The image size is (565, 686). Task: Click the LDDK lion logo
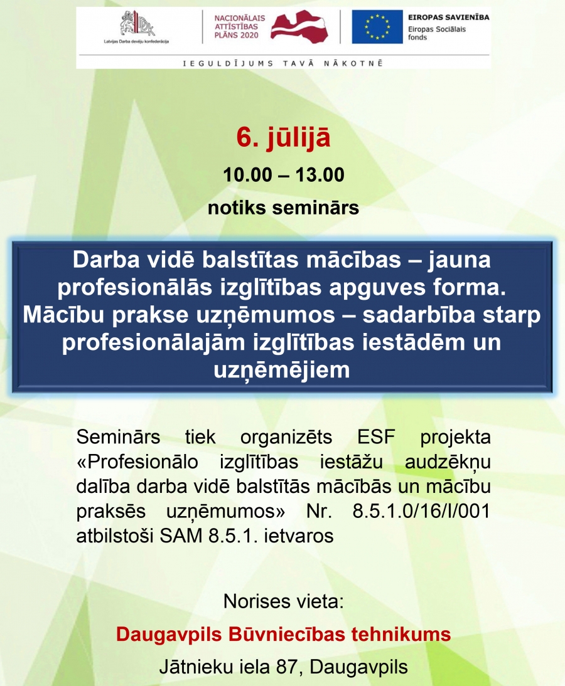pos(137,24)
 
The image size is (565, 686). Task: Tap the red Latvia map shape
pos(299,27)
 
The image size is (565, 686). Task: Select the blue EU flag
pos(377,27)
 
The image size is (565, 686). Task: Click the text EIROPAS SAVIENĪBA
pos(448,18)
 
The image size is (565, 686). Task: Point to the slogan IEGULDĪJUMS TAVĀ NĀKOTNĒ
pos(283,63)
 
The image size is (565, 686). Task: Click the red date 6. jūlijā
pos(283,138)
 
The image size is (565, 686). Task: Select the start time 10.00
pos(247,174)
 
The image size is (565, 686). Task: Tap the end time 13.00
pos(320,174)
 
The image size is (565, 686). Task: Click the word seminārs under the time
pos(315,208)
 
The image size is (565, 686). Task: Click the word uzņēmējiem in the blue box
pos(282,370)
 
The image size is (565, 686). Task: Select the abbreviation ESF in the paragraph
pos(376,436)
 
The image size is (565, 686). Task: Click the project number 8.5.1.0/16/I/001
pos(421,510)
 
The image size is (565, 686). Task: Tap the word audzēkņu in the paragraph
pos(448,462)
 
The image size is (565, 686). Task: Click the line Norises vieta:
pos(283,601)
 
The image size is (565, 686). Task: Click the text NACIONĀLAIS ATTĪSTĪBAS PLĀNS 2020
pos(240,27)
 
